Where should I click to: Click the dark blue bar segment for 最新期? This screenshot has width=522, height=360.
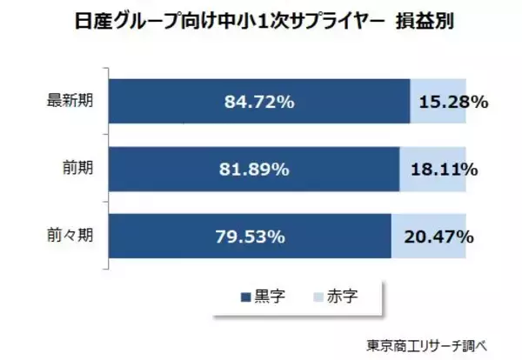tap(174, 102)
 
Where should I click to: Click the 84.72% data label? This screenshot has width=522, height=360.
tap(258, 102)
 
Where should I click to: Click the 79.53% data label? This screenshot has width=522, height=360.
tap(248, 237)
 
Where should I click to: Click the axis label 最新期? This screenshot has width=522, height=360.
tap(70, 102)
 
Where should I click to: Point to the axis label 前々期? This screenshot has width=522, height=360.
tap(70, 237)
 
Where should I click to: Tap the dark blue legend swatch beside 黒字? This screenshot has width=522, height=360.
tap(244, 297)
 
